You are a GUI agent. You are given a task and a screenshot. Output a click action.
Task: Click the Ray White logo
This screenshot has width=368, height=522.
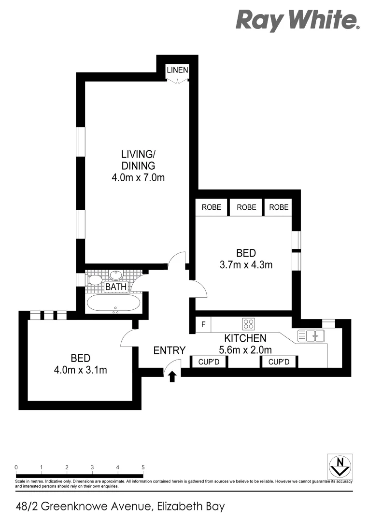point(297,21)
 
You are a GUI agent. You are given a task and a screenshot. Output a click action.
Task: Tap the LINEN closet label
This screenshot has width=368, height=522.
point(177,71)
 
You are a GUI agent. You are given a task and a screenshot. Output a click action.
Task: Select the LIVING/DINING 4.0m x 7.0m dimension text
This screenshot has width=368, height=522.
point(138,177)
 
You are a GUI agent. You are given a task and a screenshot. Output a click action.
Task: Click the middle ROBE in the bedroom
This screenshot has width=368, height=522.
point(246,207)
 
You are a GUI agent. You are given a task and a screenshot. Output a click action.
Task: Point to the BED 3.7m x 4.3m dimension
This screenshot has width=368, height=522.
point(246,264)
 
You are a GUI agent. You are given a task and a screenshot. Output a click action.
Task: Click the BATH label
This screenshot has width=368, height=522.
point(116,287)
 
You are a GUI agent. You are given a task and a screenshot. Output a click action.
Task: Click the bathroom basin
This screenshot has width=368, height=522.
point(116,275)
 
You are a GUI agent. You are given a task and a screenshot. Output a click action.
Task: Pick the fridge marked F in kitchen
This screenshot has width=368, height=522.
point(203,324)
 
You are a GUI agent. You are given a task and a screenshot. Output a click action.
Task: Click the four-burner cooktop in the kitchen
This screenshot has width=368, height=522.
point(249,324)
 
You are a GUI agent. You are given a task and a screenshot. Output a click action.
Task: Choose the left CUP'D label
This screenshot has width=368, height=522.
point(209,362)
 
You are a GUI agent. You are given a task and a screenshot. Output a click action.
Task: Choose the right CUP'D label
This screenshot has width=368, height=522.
point(279,362)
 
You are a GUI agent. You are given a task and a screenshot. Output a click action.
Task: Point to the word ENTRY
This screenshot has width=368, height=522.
point(170,351)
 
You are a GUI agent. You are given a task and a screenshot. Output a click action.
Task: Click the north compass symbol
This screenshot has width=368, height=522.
point(340,466)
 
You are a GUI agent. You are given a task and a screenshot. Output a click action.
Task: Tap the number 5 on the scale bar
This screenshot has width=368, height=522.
point(143,467)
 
